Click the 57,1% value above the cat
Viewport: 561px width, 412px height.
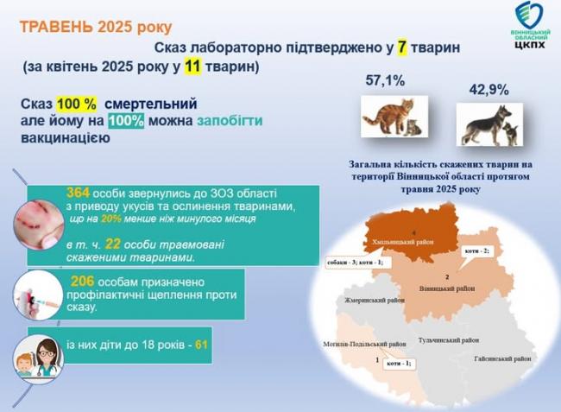pyautogui.click(x=385, y=82)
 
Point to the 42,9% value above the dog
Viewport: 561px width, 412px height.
pyautogui.click(x=489, y=90)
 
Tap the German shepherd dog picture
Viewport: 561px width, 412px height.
pyautogui.click(x=488, y=124)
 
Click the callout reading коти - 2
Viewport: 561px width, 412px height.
pyautogui.click(x=477, y=250)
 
